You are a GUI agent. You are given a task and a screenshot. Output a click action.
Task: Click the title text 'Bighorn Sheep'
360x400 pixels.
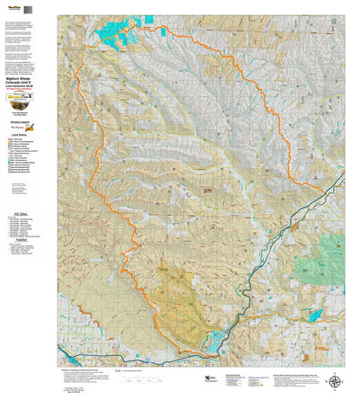(x=28, y=81)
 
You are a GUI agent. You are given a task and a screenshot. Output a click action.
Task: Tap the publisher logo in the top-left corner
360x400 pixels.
(x=13, y=6)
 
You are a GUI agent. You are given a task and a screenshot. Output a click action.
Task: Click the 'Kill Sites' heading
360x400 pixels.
(x=25, y=213)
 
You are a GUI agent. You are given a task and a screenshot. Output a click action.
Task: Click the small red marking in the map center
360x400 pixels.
(x=208, y=191)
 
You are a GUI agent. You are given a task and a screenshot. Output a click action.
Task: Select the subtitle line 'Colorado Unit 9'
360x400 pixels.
(x=28, y=86)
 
